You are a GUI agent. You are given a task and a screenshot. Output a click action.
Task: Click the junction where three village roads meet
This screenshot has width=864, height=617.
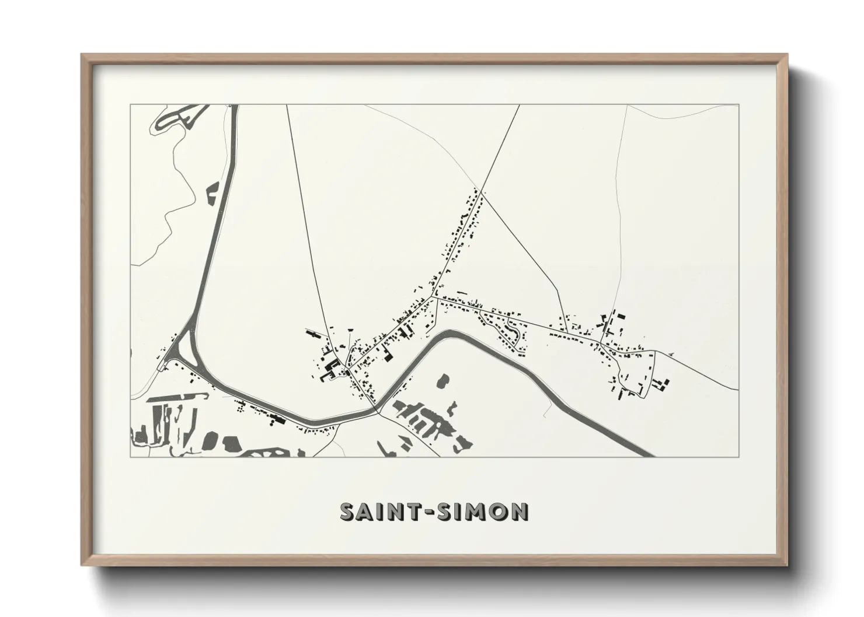click(433, 297)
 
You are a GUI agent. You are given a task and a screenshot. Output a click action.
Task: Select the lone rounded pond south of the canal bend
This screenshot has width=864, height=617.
click(443, 381)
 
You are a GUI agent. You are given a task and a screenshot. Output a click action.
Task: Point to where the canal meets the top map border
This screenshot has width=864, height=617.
click(235, 106)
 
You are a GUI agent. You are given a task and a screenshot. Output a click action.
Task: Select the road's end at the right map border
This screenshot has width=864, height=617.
click(738, 389)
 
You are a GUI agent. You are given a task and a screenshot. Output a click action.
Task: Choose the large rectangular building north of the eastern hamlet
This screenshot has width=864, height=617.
click(620, 315)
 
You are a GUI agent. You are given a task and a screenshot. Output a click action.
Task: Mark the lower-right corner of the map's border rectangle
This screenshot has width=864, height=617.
click(738, 457)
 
